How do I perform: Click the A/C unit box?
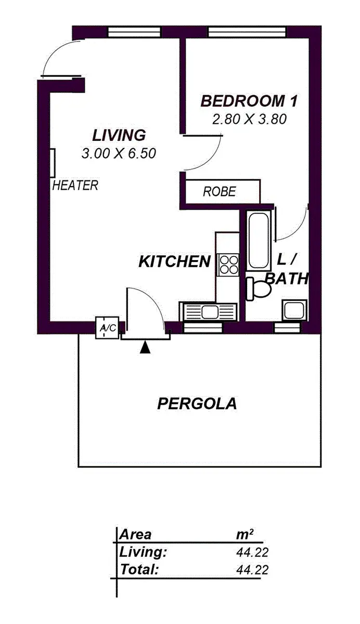[x=108, y=328]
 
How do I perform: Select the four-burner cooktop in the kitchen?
[x=228, y=264]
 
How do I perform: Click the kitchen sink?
[x=210, y=312]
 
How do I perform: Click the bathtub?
[x=258, y=239]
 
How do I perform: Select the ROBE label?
[x=219, y=192]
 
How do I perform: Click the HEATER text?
[x=75, y=186]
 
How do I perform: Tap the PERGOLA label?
[x=197, y=404]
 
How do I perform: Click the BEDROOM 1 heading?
[x=249, y=101]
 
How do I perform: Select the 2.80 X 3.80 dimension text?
[x=249, y=119]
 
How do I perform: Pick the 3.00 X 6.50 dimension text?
[x=119, y=153]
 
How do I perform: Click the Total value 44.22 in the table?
[x=252, y=570]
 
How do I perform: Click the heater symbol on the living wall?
[x=54, y=163]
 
